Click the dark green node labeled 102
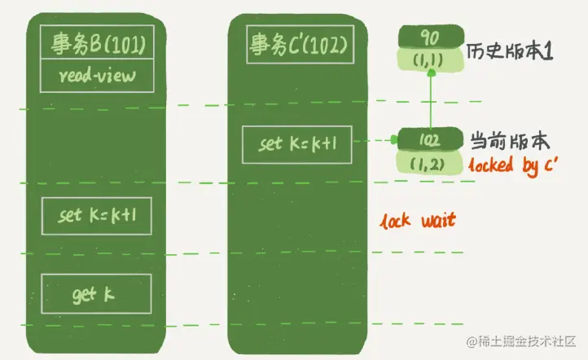click(x=430, y=139)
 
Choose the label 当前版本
click(x=500, y=139)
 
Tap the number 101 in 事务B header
click(x=125, y=44)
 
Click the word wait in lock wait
click(x=437, y=220)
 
